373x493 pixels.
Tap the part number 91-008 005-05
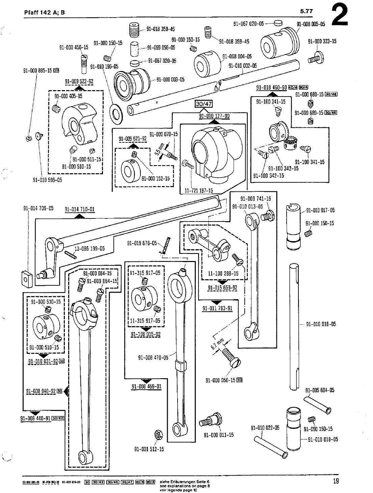[311, 24]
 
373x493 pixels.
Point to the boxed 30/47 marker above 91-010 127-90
[204, 104]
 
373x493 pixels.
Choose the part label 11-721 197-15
[198, 190]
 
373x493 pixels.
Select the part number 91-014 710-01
[80, 210]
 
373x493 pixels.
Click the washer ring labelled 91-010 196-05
[117, 112]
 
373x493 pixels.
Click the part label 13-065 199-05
[89, 249]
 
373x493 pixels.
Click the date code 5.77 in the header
[307, 12]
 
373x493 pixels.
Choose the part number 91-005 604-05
[320, 390]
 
